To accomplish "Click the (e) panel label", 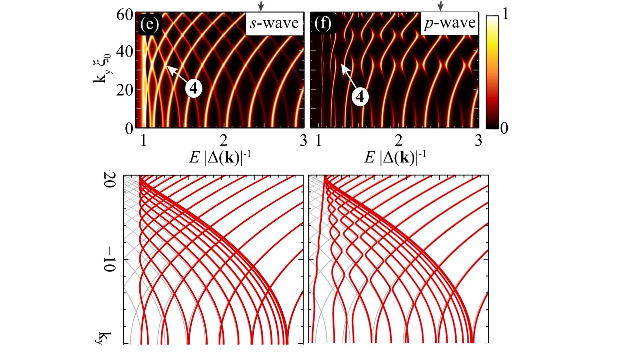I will tap(149, 24).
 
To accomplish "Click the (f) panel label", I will tap(323, 23).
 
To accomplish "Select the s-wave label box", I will tap(274, 23).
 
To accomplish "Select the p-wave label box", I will tap(449, 23).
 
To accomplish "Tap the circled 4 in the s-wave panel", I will tap(193, 88).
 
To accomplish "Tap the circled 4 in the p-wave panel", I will tap(360, 97).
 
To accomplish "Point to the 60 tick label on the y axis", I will tap(125, 15).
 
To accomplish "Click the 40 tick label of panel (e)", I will tap(125, 51).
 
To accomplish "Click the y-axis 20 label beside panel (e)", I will tap(125, 90).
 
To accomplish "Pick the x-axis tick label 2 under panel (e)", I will tap(223, 141).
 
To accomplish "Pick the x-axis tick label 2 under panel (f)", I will tap(398, 141).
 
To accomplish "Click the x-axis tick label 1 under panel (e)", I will tap(143, 141).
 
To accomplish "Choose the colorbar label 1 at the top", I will tap(504, 14).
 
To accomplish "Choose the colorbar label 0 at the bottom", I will tap(504, 128).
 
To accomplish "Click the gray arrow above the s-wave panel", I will tap(261, 6).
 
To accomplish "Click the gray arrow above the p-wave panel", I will tap(440, 6).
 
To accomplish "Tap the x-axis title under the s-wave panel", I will tap(220, 157).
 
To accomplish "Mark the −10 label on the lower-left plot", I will tap(109, 259).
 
